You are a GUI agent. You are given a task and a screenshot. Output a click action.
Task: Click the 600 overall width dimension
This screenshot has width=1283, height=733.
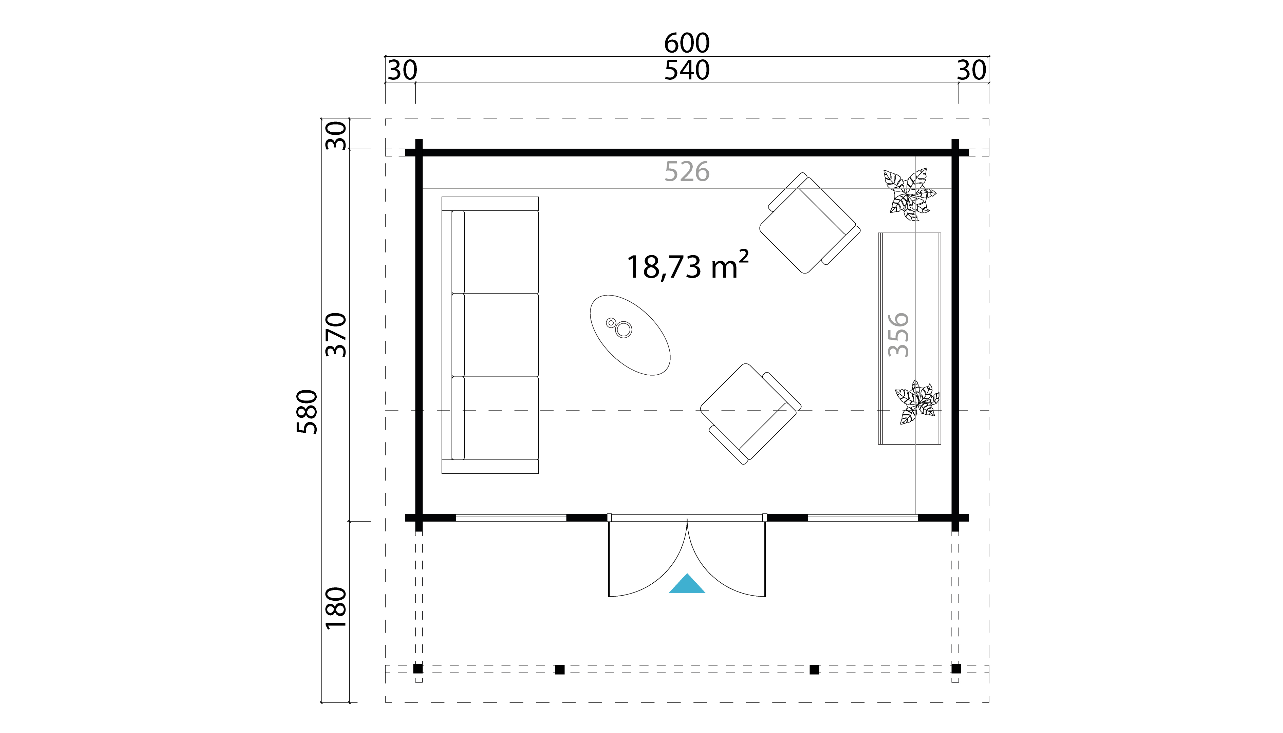[687, 43]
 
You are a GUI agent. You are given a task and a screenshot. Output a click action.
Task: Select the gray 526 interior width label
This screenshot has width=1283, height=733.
[687, 172]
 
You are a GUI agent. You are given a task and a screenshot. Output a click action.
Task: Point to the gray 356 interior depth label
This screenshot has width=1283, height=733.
[898, 335]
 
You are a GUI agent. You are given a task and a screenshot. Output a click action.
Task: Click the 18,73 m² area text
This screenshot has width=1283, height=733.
[688, 265]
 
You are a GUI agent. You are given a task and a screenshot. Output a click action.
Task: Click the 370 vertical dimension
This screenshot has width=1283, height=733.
[336, 335]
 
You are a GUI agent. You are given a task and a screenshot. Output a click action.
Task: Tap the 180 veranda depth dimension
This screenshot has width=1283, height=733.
[336, 608]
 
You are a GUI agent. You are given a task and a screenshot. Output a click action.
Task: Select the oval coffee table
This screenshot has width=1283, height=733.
[630, 335]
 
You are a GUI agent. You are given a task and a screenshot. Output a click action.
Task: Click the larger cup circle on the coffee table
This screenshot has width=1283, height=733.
[624, 330]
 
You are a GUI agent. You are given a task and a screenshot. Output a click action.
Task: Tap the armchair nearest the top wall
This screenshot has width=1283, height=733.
[810, 223]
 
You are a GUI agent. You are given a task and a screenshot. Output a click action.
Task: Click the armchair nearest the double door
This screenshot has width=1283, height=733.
[750, 413]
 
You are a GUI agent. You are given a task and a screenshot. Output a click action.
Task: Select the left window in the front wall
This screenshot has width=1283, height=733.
[511, 518]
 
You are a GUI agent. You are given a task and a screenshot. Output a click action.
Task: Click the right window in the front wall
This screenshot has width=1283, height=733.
[862, 518]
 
